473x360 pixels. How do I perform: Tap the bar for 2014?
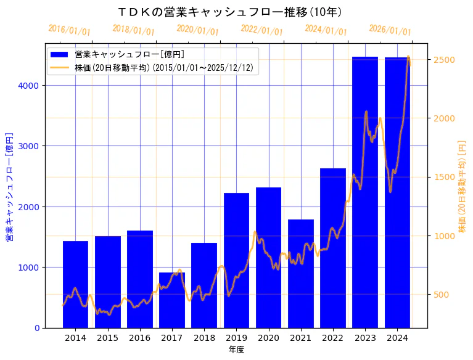[x=75, y=284]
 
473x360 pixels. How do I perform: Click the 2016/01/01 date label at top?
[x=69, y=30]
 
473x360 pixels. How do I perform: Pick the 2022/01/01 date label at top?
[x=261, y=30]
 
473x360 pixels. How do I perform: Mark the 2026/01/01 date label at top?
[x=390, y=30]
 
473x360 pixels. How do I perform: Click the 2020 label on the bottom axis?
[x=268, y=338]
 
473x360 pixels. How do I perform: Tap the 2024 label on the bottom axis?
[x=397, y=338]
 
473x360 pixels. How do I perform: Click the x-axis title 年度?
[x=236, y=350]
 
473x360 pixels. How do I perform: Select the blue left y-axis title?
[x=9, y=186]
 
